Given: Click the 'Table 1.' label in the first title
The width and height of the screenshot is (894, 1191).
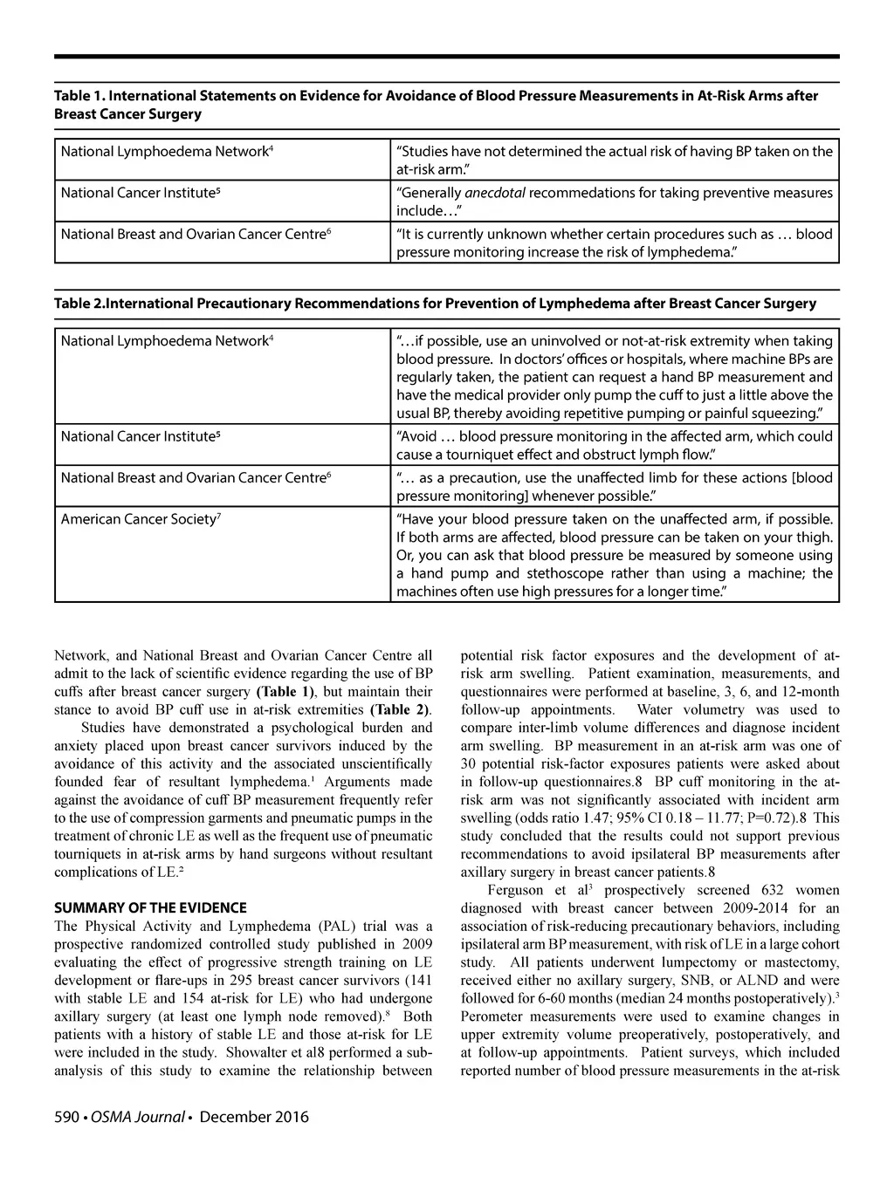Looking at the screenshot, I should pyautogui.click(x=79, y=95).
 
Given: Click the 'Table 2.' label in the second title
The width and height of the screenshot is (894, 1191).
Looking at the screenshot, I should pyautogui.click(x=79, y=304).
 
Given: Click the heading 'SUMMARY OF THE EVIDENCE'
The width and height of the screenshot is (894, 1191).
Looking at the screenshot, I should pyautogui.click(x=150, y=907).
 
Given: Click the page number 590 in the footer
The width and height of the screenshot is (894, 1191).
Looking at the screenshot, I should pyautogui.click(x=67, y=1117).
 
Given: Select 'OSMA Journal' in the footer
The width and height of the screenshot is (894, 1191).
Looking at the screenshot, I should pyautogui.click(x=138, y=1117).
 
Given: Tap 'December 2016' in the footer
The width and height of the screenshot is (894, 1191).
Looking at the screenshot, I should pyautogui.click(x=254, y=1117).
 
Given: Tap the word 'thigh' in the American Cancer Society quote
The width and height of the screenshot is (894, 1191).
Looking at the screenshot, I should pyautogui.click(x=815, y=537).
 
